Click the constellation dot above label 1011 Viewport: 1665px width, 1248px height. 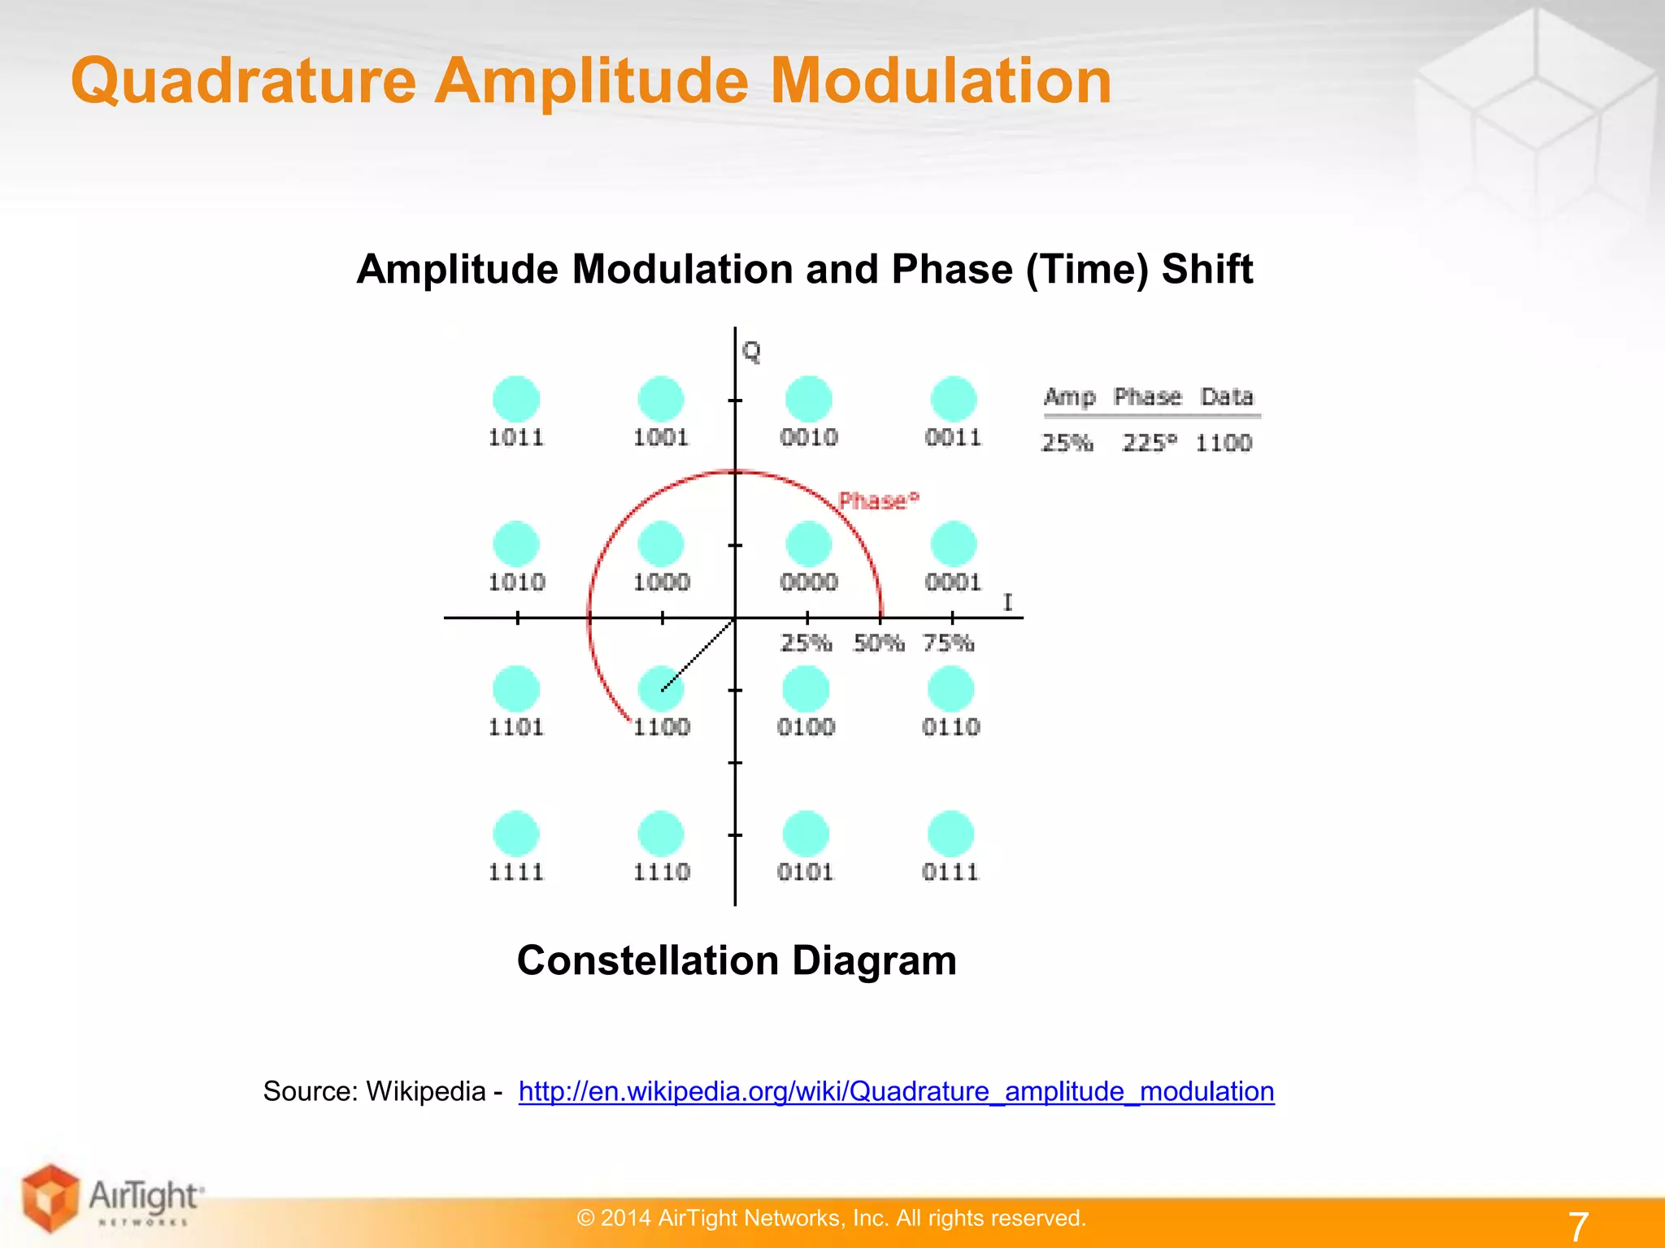pos(516,399)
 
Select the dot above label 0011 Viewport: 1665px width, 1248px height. pos(953,399)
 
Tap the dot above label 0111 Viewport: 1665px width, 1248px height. pos(950,834)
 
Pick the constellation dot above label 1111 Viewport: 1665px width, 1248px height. pos(516,834)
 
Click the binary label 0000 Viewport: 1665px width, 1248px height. pos(808,582)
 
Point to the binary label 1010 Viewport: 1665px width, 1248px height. pos(516,582)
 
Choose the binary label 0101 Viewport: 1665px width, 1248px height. pos(806,872)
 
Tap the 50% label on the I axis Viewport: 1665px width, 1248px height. pos(879,643)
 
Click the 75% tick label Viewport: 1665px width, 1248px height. pos(949,643)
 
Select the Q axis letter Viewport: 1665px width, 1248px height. pos(751,352)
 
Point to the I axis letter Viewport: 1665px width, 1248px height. pos(1008,602)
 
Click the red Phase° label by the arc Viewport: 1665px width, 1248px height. pos(878,500)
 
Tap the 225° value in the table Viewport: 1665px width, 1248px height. pos(1149,443)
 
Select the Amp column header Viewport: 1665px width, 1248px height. pos(1069,397)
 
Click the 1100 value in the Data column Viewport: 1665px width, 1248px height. pos(1224,443)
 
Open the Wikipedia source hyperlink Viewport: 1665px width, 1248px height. pos(896,1091)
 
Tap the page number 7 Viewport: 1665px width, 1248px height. pos(1578,1226)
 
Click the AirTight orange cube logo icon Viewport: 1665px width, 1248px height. pos(50,1198)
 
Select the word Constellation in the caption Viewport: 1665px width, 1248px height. pos(647,960)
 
